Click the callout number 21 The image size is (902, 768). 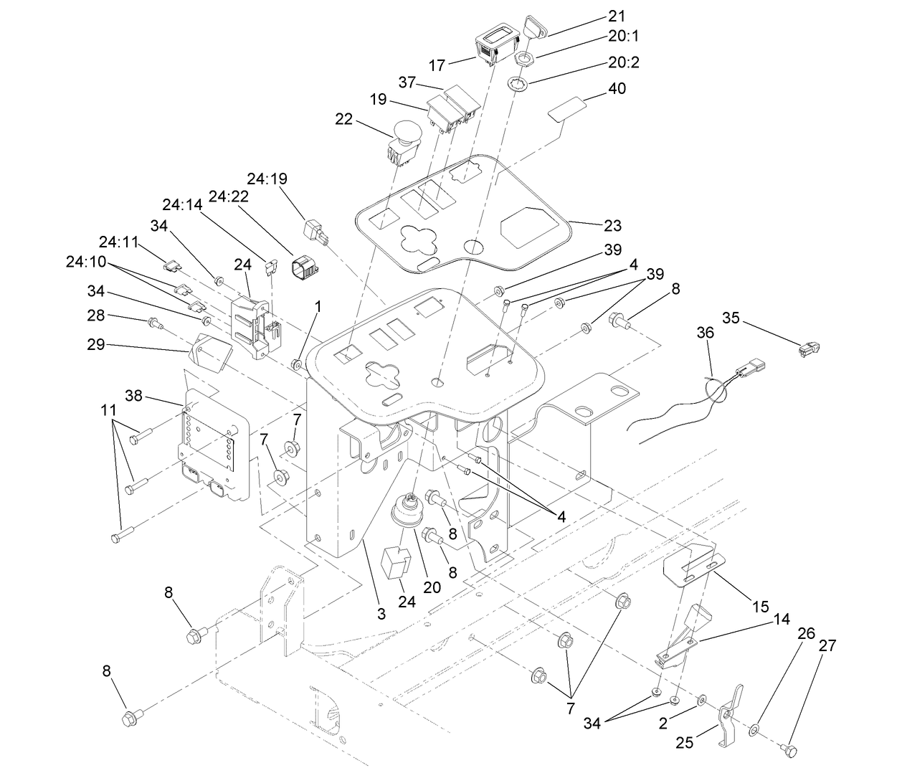(616, 16)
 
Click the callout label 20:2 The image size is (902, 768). (623, 62)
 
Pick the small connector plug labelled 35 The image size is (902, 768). (809, 349)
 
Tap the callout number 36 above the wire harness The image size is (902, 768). (706, 333)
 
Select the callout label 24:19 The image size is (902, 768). (267, 177)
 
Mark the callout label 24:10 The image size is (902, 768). (85, 262)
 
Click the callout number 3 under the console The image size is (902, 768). (381, 613)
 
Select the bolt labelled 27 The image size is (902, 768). (789, 749)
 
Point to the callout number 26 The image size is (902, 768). (807, 633)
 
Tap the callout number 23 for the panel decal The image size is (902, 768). (612, 225)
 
